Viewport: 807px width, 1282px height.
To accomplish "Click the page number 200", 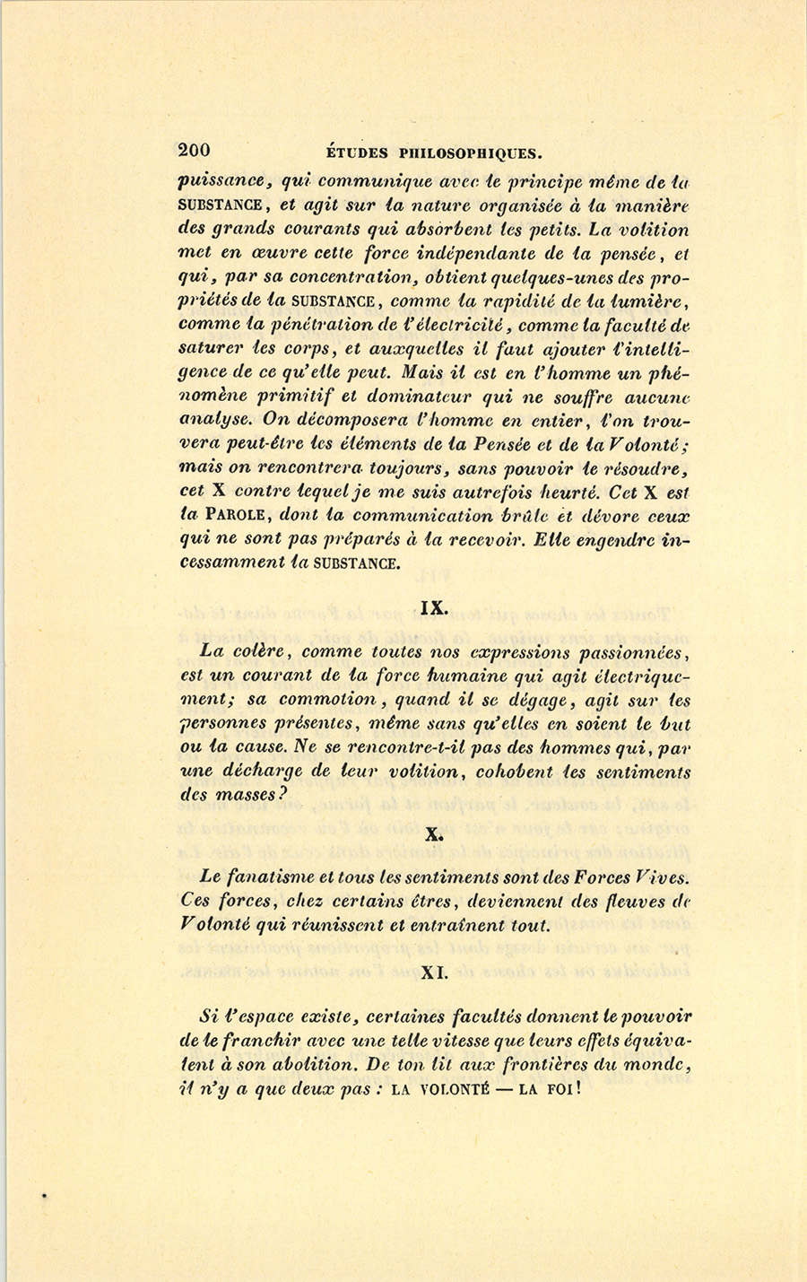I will click(195, 150).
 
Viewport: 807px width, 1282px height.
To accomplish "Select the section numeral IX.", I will click(434, 607).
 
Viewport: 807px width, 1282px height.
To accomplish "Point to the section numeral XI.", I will click(435, 971).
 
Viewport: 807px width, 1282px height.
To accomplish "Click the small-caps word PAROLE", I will click(239, 516).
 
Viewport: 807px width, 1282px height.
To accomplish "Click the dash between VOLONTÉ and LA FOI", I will click(508, 1090).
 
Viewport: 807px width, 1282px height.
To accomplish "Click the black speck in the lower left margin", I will click(42, 1195).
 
